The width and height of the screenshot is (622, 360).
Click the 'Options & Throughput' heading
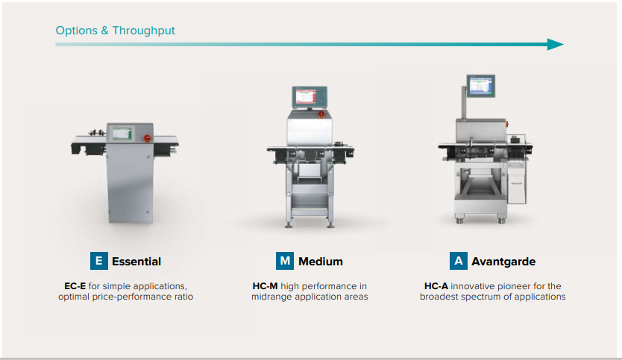(x=115, y=31)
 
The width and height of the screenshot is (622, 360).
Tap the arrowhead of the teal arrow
(x=556, y=45)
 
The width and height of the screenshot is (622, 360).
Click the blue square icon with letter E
(x=99, y=261)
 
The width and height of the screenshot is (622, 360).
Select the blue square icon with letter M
(x=285, y=261)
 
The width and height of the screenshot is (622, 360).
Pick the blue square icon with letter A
(x=459, y=261)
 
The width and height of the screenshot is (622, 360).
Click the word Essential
(x=136, y=262)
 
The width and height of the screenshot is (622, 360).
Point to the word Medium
(x=321, y=262)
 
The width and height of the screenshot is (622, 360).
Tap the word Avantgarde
(x=503, y=262)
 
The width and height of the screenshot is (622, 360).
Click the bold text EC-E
(x=75, y=286)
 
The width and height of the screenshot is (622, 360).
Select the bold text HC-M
(x=265, y=286)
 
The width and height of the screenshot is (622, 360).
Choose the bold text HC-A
(x=436, y=286)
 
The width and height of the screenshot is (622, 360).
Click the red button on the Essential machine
(x=147, y=138)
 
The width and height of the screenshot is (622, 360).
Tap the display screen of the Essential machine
(x=122, y=133)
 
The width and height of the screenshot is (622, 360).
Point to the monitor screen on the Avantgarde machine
(x=481, y=86)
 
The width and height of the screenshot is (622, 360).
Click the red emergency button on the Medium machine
(x=321, y=114)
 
